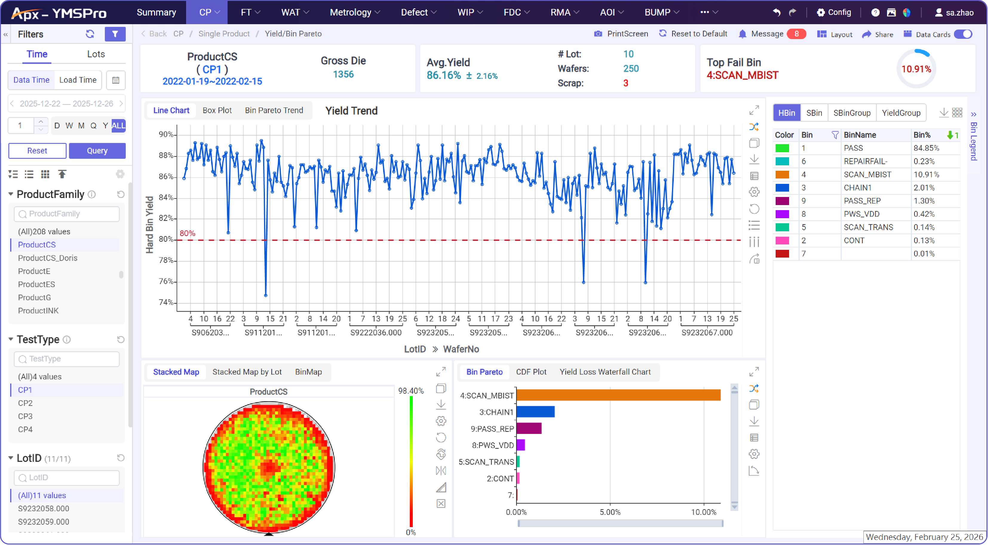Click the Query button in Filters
[x=97, y=151]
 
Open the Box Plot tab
[x=217, y=110]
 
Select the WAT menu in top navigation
[x=294, y=12]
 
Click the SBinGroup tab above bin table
[x=852, y=113]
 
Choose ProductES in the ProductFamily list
[x=36, y=284]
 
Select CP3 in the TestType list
[x=25, y=416]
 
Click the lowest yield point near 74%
[x=266, y=295]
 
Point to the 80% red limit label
[x=187, y=233]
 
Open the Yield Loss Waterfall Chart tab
[x=605, y=372]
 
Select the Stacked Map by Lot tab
[x=247, y=372]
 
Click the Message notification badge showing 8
[x=796, y=34]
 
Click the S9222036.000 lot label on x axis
[x=375, y=332]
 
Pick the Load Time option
[x=78, y=80]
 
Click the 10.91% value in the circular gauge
[x=916, y=69]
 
